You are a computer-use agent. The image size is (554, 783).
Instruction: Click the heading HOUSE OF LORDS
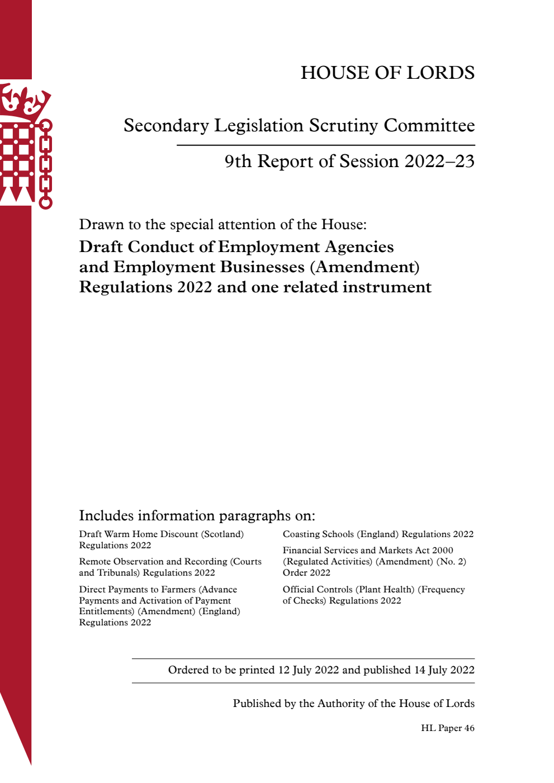pos(387,73)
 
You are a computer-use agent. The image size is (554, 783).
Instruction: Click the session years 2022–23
pos(439,162)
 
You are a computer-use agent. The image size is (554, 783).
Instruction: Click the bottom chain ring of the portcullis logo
pos(45,202)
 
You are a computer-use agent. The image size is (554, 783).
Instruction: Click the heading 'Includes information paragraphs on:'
pos(197,515)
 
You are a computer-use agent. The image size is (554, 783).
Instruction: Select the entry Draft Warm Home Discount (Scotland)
pos(161,534)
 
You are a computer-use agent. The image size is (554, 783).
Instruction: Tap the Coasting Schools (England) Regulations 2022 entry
pos(378,534)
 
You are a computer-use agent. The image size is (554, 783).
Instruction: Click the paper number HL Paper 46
pos(447,728)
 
